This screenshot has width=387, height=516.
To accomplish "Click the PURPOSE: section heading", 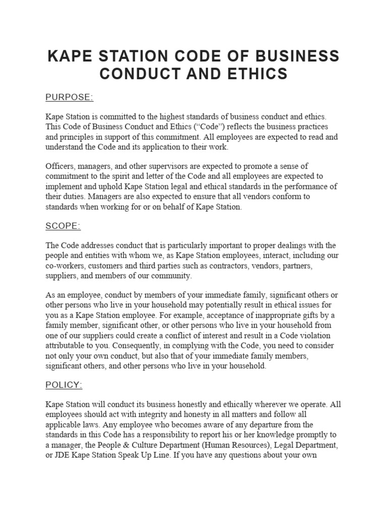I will click(70, 97).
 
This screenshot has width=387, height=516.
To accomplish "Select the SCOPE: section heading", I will click(63, 226).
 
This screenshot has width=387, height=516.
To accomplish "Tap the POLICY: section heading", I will click(63, 385).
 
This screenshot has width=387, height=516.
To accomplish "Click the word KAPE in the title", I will click(70, 55).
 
